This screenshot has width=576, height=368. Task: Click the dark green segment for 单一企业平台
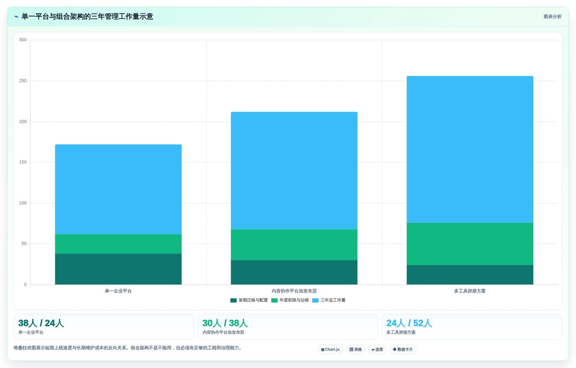118,269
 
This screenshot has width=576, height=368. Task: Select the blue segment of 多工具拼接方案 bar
470,149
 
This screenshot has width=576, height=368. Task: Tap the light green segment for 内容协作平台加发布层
294,245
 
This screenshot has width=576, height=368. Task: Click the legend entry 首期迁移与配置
249,300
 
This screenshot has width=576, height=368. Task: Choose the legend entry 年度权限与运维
290,300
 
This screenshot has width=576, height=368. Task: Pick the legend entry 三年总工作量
329,300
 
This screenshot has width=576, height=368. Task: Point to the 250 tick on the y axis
23,81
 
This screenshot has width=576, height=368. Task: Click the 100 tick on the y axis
23,203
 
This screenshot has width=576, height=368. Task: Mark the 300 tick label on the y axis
23,40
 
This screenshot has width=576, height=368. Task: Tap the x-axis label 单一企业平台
118,291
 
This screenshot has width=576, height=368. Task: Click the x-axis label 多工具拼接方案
470,291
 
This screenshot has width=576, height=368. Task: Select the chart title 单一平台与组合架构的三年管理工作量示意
87,17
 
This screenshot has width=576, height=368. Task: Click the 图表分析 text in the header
553,17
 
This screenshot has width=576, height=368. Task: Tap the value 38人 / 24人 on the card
41,323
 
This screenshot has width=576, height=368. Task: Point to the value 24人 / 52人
409,323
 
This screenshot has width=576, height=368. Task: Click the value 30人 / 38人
225,323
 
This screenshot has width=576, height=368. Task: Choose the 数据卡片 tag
403,350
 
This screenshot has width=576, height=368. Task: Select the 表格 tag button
355,350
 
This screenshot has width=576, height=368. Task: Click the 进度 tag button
377,350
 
